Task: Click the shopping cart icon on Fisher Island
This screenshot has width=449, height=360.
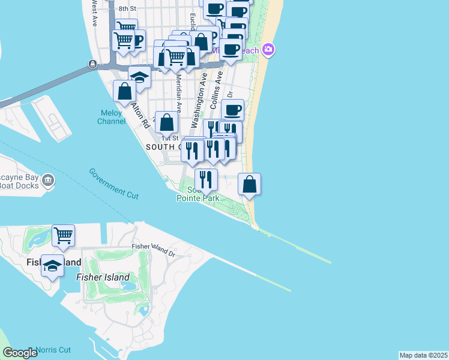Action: pos(63,235)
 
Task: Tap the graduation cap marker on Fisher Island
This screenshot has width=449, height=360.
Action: pos(53,265)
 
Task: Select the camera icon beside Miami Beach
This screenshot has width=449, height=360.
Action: pos(268,50)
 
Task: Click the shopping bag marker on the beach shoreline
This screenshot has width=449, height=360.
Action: pos(250,184)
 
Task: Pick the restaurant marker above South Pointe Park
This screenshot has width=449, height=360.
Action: pos(206,178)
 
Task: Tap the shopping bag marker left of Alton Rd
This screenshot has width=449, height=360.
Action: pos(125,91)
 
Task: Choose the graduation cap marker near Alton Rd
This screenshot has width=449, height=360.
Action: pos(139,77)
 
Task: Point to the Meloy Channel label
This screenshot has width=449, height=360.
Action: pos(111,117)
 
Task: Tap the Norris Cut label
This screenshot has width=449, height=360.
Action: pos(53,350)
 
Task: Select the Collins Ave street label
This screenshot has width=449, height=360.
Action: pos(216,90)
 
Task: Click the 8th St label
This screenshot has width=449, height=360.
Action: pos(127,8)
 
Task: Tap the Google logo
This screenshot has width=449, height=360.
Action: pos(20,353)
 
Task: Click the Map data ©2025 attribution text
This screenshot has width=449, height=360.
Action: pos(423,355)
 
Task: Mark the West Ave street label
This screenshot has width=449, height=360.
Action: pos(94,12)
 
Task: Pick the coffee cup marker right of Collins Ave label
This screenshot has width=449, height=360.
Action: pos(232,110)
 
